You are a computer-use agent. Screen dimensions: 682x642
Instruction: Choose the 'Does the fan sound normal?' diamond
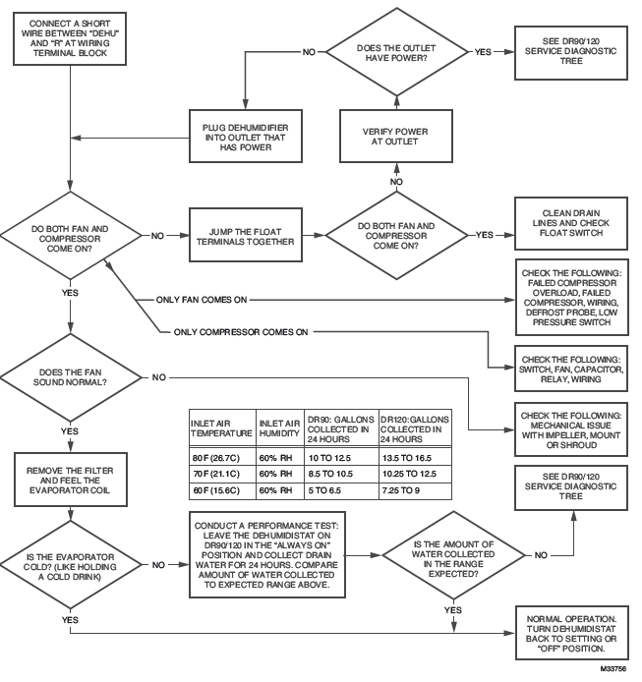pos(71,377)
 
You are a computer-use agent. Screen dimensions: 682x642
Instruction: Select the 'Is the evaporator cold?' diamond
pos(71,566)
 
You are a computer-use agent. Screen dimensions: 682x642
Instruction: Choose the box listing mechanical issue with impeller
pos(573,424)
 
